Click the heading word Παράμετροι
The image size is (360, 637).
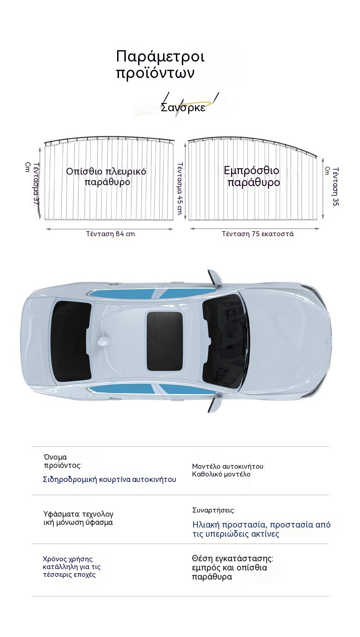pos(160,57)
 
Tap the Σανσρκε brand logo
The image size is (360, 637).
pos(183,108)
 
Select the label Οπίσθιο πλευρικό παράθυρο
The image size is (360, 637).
pos(106,176)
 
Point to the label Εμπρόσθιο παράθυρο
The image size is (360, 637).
pos(252,176)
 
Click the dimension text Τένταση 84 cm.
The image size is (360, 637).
pos(111,234)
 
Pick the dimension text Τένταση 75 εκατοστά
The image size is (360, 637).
pos(258,234)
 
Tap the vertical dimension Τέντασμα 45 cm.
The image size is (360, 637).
pos(180,189)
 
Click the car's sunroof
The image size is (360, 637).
pos(165,341)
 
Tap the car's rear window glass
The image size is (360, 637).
pos(71,341)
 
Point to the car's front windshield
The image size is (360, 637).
pos(225,341)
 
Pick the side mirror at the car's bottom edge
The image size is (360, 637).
pos(214,404)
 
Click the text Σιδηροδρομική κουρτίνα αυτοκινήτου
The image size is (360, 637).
pos(110,479)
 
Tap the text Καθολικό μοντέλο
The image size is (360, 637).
pos(221,474)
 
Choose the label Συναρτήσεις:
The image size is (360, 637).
pos(214,510)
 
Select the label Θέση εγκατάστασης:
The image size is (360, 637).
pos(232,559)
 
